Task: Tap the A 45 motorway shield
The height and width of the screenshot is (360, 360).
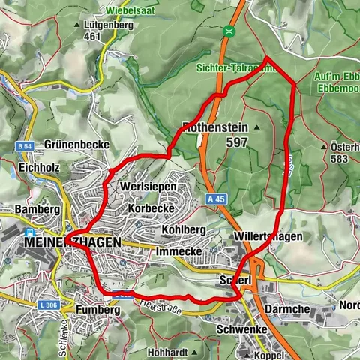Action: pos(217,199)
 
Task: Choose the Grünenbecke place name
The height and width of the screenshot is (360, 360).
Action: pos(76,144)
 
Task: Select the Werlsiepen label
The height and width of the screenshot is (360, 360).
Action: pos(148,185)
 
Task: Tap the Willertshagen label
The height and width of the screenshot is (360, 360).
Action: pos(268,236)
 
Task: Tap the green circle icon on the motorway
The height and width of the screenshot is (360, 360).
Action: pos(228,31)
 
